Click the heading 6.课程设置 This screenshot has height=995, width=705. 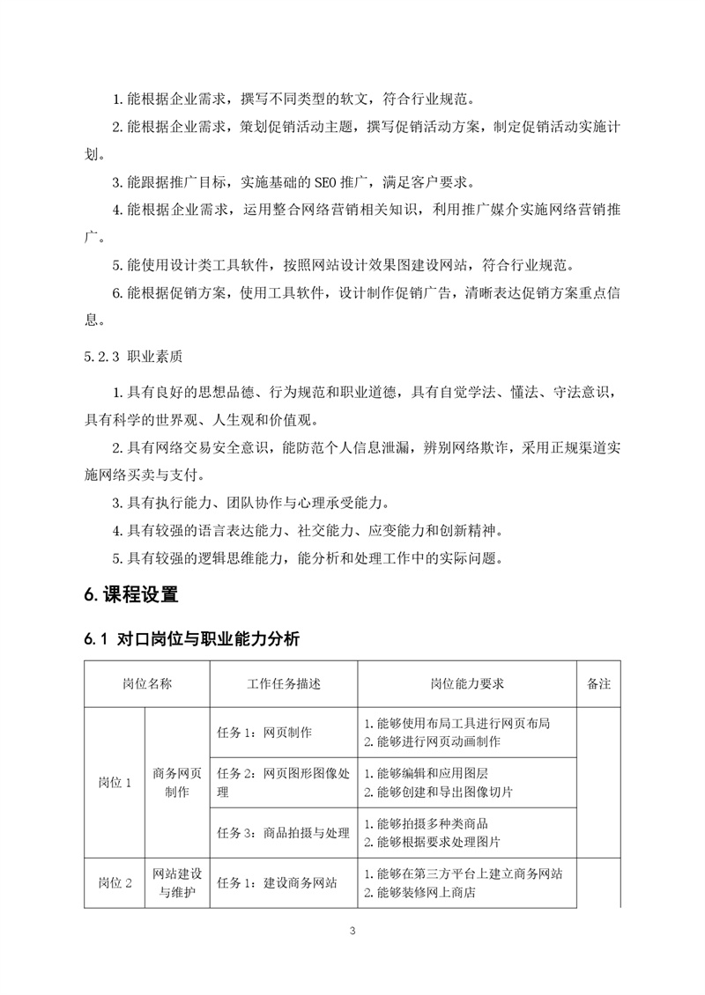click(x=131, y=594)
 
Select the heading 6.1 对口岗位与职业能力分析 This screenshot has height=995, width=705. click(x=191, y=640)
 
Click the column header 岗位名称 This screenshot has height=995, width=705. click(x=147, y=683)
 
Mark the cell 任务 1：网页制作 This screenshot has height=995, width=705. click(x=264, y=732)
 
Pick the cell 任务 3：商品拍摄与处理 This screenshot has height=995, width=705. click(x=283, y=832)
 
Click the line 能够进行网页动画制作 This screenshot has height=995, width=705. click(x=439, y=741)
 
